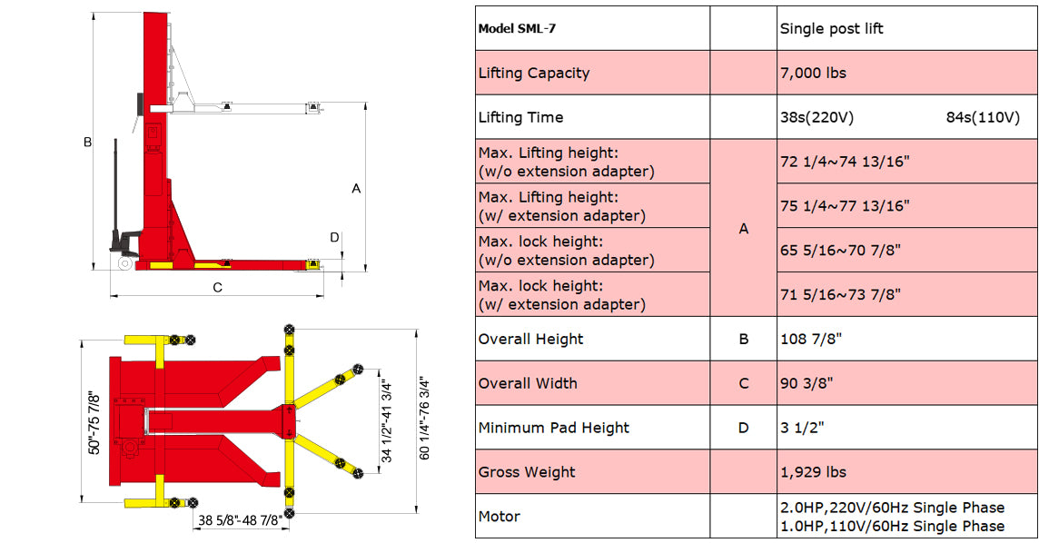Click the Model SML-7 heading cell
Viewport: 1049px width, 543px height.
click(516, 28)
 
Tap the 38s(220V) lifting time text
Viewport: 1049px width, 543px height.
click(816, 117)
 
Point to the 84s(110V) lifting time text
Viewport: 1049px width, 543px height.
click(983, 117)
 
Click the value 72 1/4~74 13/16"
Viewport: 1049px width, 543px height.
click(845, 162)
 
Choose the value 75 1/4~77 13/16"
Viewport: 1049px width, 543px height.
click(845, 206)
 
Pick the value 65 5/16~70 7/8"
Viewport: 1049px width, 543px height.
click(840, 250)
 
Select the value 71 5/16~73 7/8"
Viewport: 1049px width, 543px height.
click(840, 294)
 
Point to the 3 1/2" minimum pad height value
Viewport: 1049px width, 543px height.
click(801, 428)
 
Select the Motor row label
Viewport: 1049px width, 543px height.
click(500, 517)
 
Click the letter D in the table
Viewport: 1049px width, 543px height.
click(744, 428)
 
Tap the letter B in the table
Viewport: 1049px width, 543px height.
click(744, 339)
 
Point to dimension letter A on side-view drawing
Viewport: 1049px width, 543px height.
click(356, 189)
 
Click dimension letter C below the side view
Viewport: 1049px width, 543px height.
click(217, 288)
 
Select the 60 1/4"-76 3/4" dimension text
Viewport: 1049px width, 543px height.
click(425, 418)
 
